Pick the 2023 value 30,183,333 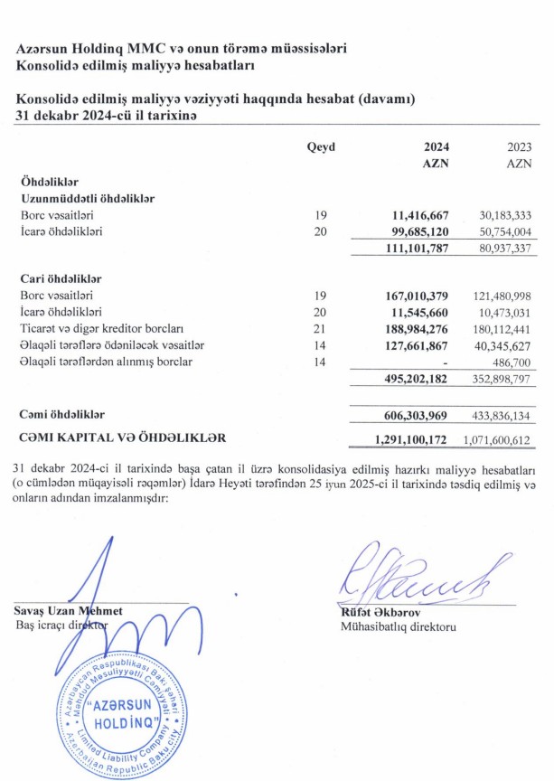[x=506, y=215]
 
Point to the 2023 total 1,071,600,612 [x=500, y=438]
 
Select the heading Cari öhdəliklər [x=61, y=278]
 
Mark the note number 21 [x=320, y=329]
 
